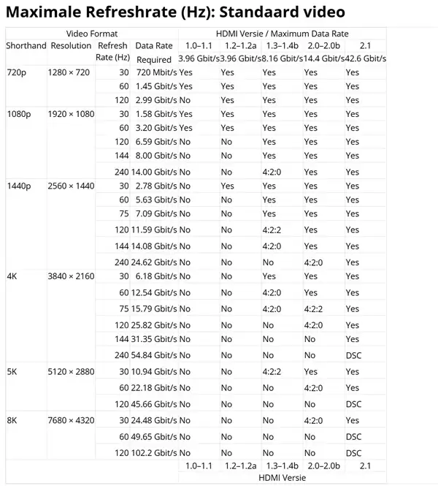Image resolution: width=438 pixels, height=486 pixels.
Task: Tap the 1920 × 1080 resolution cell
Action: pos(71,114)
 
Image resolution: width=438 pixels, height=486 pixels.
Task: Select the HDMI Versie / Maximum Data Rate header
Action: pos(282,34)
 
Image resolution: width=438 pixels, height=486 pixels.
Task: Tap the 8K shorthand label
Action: pos(12,420)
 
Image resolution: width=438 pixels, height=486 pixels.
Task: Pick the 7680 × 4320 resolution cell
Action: pos(71,420)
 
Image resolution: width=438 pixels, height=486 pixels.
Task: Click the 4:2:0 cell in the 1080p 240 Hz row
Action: pos(272,173)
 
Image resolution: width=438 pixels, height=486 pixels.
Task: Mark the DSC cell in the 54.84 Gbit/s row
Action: pos(353,355)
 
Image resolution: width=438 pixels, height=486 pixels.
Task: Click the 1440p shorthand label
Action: pos(19,187)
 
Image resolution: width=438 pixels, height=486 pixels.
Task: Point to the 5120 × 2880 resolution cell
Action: pos(71,371)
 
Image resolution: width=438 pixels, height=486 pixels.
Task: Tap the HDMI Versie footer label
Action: pos(282,477)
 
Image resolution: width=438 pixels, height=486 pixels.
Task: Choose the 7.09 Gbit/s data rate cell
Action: pos(155,214)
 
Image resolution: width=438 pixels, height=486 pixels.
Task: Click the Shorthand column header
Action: pos(26,46)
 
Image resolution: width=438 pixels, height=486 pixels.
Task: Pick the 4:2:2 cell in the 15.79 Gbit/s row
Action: pos(313,309)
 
